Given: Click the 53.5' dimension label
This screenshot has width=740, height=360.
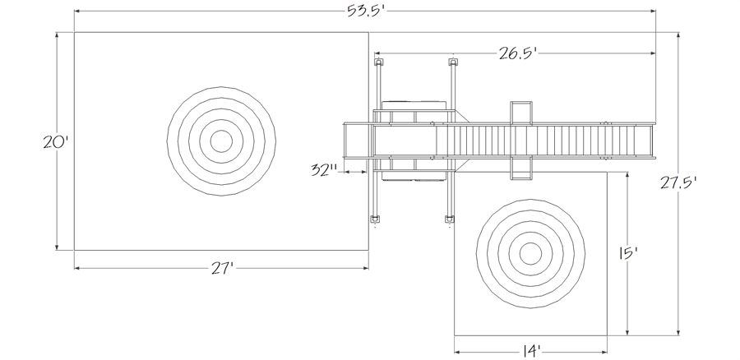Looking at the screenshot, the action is point(367,11).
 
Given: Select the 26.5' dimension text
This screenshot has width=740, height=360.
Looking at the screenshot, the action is point(519,53).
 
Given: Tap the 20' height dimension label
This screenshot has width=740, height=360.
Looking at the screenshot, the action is point(56,142).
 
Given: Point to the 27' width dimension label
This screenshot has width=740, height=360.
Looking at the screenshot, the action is point(222,269).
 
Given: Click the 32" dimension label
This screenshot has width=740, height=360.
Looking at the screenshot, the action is point(324,170).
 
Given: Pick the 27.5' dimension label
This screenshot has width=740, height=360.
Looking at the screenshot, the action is point(678,183).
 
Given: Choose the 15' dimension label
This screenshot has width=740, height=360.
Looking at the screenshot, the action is point(627,254).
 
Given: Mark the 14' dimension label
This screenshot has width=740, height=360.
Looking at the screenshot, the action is point(531,352).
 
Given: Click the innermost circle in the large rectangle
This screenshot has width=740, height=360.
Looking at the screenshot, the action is point(221,141).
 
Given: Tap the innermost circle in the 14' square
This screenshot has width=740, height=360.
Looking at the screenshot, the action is point(530,254).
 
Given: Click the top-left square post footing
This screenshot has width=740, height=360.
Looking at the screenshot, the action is point(378,62).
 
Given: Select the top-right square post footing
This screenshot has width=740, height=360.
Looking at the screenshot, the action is point(452,62).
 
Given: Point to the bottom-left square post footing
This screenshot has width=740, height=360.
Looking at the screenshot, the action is point(375,219).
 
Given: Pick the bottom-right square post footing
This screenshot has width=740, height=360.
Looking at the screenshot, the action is point(450,219).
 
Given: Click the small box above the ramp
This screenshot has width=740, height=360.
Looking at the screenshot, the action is point(521,113).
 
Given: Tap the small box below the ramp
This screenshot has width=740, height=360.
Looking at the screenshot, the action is point(521,168).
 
